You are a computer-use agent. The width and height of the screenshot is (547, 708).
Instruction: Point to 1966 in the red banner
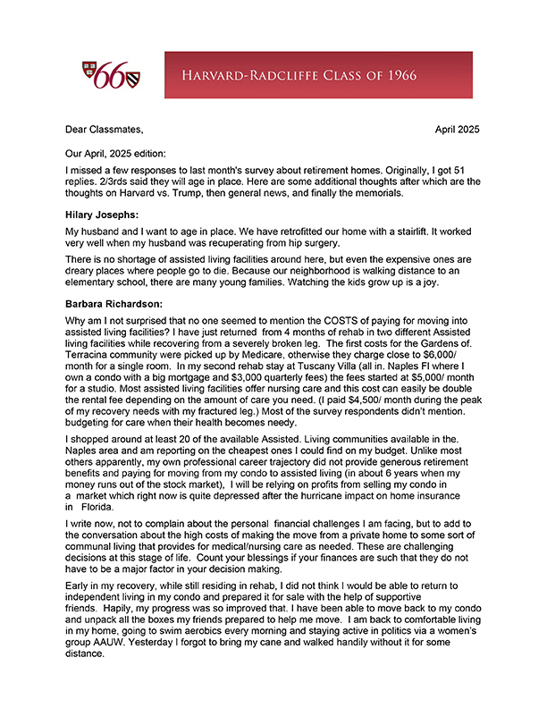coord(398,75)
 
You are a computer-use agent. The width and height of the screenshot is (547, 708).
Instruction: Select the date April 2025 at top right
coord(457,129)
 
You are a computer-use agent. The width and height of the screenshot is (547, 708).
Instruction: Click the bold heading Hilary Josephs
coord(102,215)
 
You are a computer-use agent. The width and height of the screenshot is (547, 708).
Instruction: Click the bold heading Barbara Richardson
coord(114,303)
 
